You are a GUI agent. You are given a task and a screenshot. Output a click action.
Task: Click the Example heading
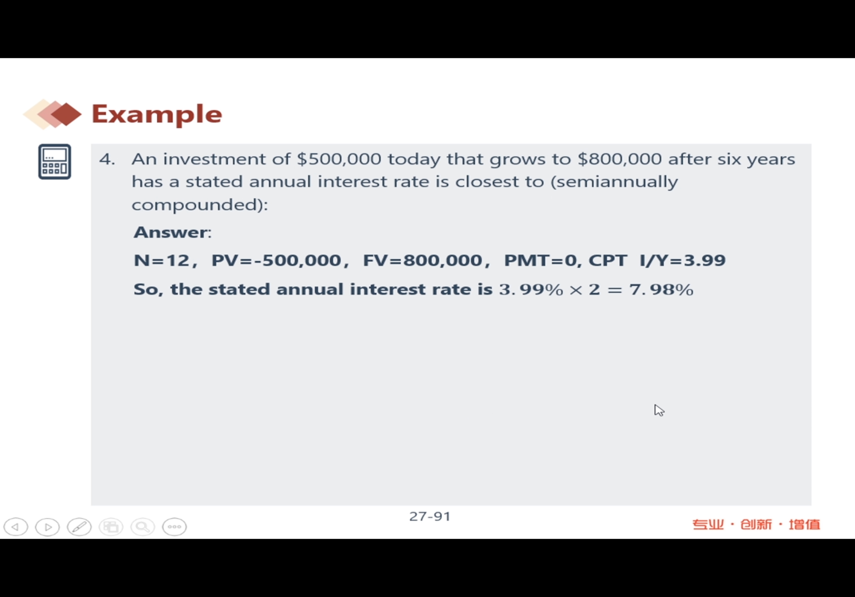tap(157, 114)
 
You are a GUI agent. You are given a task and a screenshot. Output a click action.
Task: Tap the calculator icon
tap(55, 161)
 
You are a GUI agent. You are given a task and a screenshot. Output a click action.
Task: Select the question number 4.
tap(107, 159)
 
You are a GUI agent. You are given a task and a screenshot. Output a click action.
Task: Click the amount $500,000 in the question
tap(339, 159)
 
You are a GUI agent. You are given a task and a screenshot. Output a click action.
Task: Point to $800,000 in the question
tap(620, 159)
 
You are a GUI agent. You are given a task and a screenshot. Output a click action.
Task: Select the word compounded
tap(196, 204)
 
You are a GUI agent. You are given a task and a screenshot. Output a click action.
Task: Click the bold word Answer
tap(170, 232)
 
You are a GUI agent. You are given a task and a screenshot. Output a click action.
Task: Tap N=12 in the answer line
tap(161, 260)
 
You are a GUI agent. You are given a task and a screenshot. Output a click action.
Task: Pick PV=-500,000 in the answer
tap(276, 260)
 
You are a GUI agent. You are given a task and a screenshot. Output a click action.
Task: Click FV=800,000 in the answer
tap(422, 260)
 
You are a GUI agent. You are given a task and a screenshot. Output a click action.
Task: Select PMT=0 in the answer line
tap(540, 260)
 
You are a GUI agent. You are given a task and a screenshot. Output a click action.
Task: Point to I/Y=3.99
tap(682, 260)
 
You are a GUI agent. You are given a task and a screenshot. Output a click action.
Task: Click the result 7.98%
tap(661, 289)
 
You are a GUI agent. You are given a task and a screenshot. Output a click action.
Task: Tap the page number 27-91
tap(430, 516)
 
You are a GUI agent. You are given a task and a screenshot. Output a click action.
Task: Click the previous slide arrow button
tap(16, 527)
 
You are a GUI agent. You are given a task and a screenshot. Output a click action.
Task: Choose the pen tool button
tap(79, 527)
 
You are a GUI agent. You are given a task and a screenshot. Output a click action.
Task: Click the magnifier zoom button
tap(142, 527)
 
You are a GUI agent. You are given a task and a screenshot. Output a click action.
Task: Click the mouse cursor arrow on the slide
tap(659, 410)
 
